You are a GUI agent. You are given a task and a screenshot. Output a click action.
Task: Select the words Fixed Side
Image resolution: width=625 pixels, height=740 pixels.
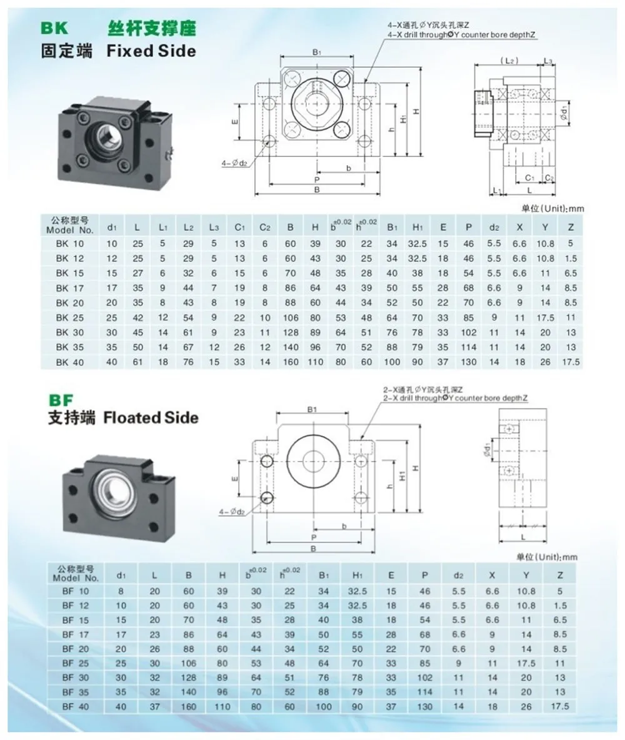click(151, 51)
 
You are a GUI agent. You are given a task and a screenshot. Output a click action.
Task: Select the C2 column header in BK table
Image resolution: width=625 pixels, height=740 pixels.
click(264, 226)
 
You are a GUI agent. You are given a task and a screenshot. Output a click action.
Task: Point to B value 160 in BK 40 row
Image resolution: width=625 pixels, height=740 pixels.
click(290, 362)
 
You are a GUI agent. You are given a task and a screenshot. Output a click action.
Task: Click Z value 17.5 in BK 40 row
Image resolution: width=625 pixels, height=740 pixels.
click(571, 362)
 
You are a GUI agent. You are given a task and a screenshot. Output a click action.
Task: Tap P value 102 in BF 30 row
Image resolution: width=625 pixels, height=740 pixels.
click(425, 678)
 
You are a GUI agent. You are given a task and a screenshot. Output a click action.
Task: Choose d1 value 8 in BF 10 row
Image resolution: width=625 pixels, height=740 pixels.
click(122, 590)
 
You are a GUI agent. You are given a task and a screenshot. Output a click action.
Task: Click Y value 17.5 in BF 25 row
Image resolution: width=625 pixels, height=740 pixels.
click(527, 662)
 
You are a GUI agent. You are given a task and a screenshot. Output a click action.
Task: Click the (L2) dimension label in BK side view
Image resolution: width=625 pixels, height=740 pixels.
click(509, 61)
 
